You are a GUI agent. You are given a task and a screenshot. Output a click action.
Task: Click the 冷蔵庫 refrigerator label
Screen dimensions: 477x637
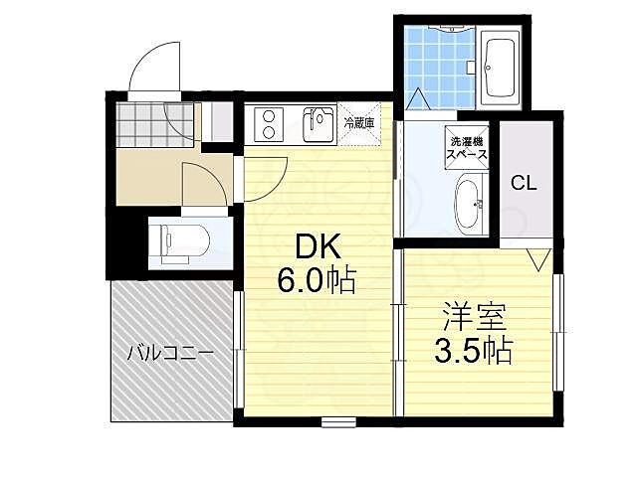[358, 123]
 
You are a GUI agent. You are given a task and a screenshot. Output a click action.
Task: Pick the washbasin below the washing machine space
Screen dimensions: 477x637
[467, 204]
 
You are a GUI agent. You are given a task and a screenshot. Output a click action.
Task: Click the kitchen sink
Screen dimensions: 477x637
[318, 125]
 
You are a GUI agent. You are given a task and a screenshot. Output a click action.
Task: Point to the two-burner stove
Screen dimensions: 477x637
[269, 125]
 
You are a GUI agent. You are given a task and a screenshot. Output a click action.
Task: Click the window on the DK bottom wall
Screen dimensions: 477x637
[338, 422]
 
